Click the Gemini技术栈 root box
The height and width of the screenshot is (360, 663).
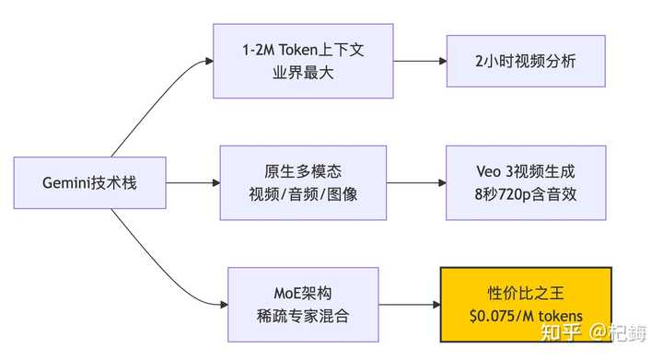click(89, 182)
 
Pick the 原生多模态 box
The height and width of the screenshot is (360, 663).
click(291, 171)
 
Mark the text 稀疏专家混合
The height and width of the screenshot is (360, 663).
click(291, 316)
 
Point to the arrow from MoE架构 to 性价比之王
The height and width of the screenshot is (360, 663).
click(409, 304)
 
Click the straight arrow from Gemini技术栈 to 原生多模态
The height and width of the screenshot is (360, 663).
click(192, 182)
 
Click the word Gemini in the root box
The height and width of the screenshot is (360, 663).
click(68, 182)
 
